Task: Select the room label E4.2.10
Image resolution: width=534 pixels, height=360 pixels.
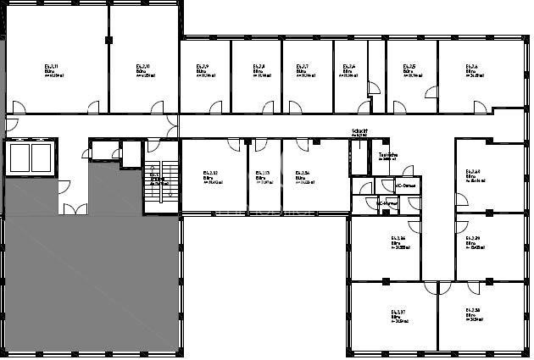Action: pyautogui.click(x=143, y=65)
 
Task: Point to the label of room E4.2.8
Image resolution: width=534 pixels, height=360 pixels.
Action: pyautogui.click(x=260, y=66)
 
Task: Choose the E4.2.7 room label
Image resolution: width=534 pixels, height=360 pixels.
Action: pyautogui.click(x=302, y=66)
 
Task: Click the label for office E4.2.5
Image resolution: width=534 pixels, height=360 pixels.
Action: pyautogui.click(x=410, y=66)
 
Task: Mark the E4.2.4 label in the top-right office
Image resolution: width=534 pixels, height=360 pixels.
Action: pyautogui.click(x=471, y=66)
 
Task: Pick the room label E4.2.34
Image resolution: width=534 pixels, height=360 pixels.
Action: pyautogui.click(x=303, y=173)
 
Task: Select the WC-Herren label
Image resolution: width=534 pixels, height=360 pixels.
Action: pyautogui.click(x=387, y=203)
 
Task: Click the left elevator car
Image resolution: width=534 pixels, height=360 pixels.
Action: pyautogui.click(x=19, y=157)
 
